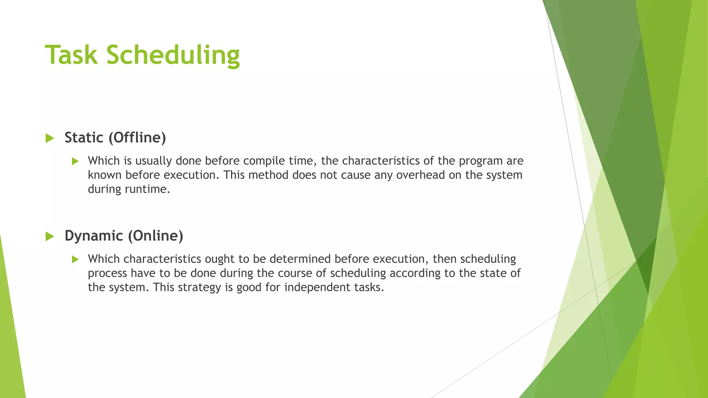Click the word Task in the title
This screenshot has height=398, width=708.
pyautogui.click(x=71, y=55)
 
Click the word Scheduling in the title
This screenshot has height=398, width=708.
pyautogui.click(x=173, y=55)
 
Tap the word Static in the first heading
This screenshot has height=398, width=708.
pyautogui.click(x=84, y=138)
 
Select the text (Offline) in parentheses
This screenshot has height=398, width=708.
pyautogui.click(x=137, y=138)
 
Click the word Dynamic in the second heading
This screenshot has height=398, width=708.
pyautogui.click(x=94, y=236)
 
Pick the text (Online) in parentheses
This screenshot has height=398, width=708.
pyautogui.click(x=156, y=236)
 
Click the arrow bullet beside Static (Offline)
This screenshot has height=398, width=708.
pyautogui.click(x=50, y=138)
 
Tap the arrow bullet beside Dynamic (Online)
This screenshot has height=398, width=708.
pyautogui.click(x=50, y=236)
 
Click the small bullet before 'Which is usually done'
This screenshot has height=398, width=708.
pyautogui.click(x=75, y=161)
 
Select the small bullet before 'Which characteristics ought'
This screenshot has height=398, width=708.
pyautogui.click(x=75, y=259)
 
